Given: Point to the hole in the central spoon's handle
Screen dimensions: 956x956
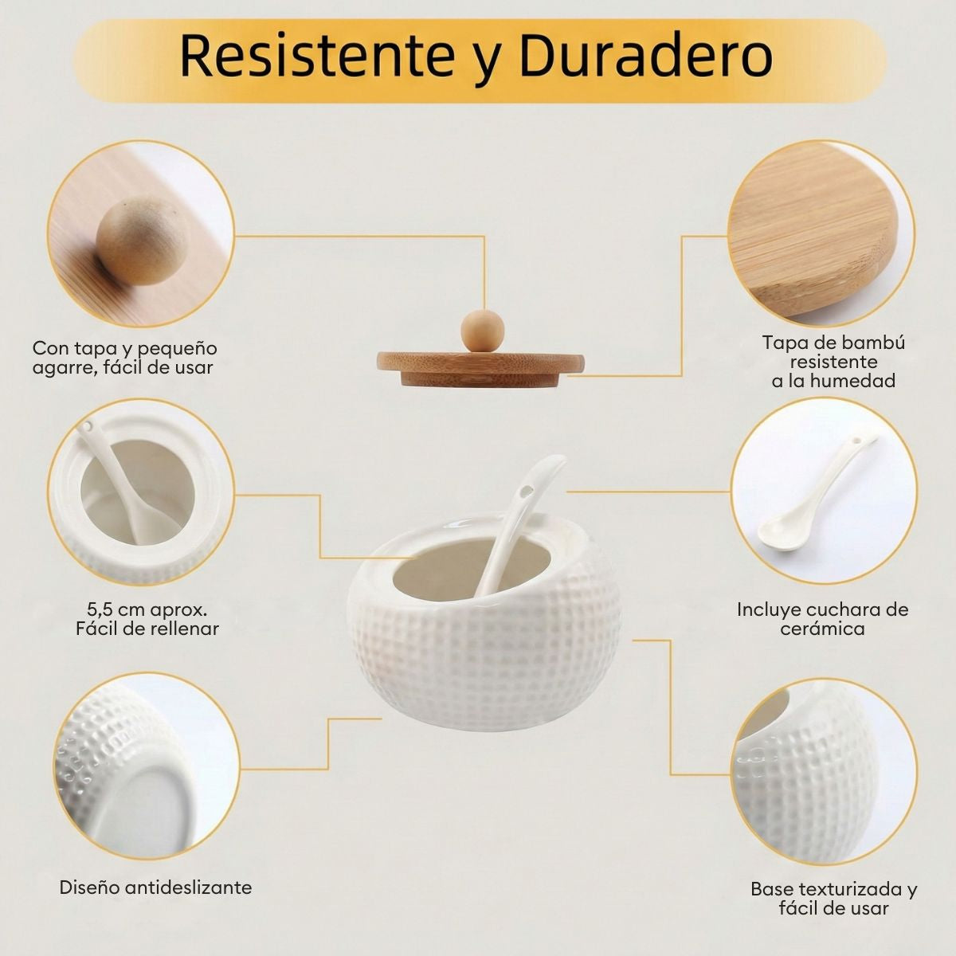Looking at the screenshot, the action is [524, 492].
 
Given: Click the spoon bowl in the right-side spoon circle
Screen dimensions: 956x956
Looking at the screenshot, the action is [779, 535].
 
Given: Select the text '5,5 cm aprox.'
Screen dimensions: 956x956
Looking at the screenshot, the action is [147, 609].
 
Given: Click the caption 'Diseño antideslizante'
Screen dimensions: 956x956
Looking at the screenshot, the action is [155, 887].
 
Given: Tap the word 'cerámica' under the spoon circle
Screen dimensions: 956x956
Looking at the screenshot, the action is [822, 629].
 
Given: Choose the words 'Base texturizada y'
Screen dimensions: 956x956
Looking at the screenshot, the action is [834, 889].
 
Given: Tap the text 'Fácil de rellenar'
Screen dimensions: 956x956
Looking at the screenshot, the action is [147, 629].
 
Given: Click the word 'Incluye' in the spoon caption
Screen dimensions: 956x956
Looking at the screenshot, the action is [769, 609].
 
